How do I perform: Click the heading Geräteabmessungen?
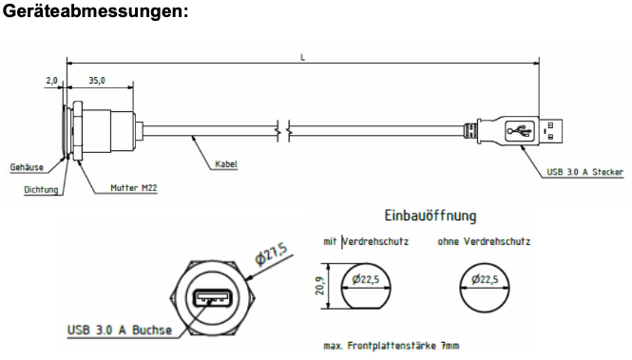point(96,10)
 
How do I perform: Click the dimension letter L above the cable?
point(303,58)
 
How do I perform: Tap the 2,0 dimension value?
point(51,81)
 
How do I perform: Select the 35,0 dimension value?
point(97,81)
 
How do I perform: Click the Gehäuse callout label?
point(27,167)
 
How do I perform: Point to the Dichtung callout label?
point(41,189)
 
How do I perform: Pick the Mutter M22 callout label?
point(134,188)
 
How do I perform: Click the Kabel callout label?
point(226,164)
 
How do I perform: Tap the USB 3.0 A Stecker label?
point(584,172)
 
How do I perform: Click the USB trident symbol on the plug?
point(520,131)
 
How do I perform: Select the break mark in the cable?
point(284,131)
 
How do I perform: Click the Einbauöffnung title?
point(431,216)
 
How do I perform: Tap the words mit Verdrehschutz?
point(366,241)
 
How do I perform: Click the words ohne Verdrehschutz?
point(484,241)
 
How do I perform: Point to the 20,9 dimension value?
point(319,286)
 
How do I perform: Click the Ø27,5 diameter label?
point(271,255)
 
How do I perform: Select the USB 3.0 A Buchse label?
point(120,331)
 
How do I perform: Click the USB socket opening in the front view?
point(213,298)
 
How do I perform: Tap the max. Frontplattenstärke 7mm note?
point(391,346)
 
